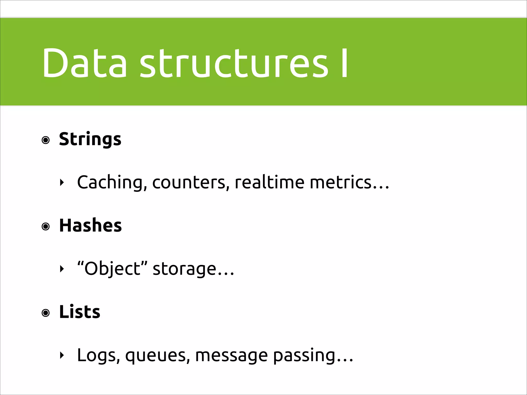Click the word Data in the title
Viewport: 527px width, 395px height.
(84, 63)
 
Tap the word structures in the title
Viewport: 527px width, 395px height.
(234, 63)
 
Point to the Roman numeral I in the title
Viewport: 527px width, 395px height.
(344, 63)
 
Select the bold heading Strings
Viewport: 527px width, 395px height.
(90, 139)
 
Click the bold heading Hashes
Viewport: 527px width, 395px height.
(90, 226)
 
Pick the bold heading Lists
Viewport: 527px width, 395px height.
(80, 312)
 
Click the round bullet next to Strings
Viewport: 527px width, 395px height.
(46, 140)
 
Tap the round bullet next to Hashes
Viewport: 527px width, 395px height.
(46, 227)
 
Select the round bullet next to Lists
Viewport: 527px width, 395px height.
(46, 313)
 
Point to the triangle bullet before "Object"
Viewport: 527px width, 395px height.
(62, 269)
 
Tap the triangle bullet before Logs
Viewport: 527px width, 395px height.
(62, 355)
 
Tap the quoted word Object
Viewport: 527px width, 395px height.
(112, 269)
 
